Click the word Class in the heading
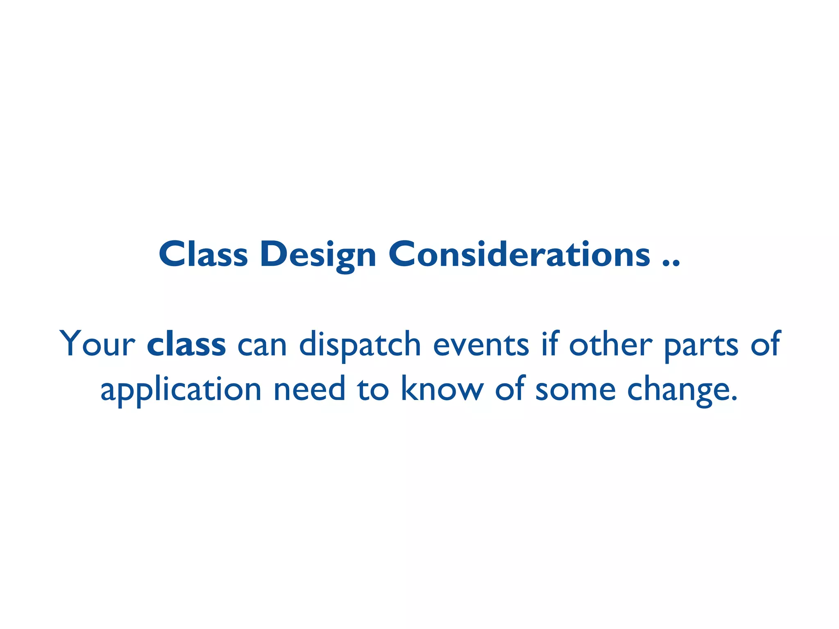[x=203, y=254]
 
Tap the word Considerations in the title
[x=519, y=254]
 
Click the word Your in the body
[x=97, y=344]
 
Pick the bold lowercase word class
[x=186, y=344]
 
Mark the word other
[x=611, y=344]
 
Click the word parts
[x=701, y=346]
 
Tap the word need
[x=309, y=389]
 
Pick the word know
[x=442, y=389]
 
